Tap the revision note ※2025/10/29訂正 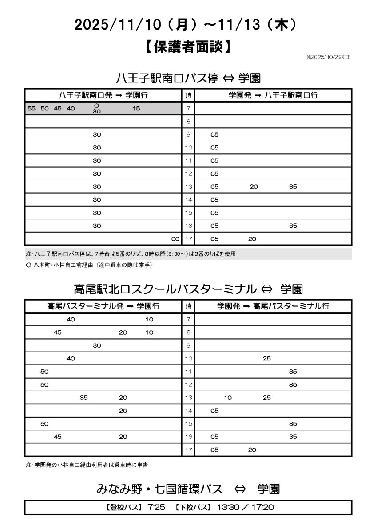(328, 57)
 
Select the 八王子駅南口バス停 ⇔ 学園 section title (188, 78)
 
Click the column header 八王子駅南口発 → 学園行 (103, 95)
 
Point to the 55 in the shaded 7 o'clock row (31, 108)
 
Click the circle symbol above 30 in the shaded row (97, 105)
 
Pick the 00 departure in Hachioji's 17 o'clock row (175, 239)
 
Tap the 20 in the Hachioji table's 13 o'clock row (254, 187)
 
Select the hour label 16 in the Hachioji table (188, 226)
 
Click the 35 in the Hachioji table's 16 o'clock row (293, 226)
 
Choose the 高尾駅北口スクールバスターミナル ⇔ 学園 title (188, 289)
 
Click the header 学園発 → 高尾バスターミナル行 (273, 306)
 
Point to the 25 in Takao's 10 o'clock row (266, 359)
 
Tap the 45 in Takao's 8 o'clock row (58, 332)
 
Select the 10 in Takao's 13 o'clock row (228, 398)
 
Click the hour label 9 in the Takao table (188, 345)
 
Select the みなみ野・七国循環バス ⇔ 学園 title (188, 489)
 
